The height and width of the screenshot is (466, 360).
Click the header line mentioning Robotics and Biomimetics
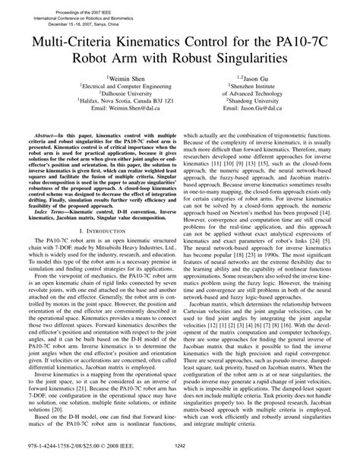(84, 11)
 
